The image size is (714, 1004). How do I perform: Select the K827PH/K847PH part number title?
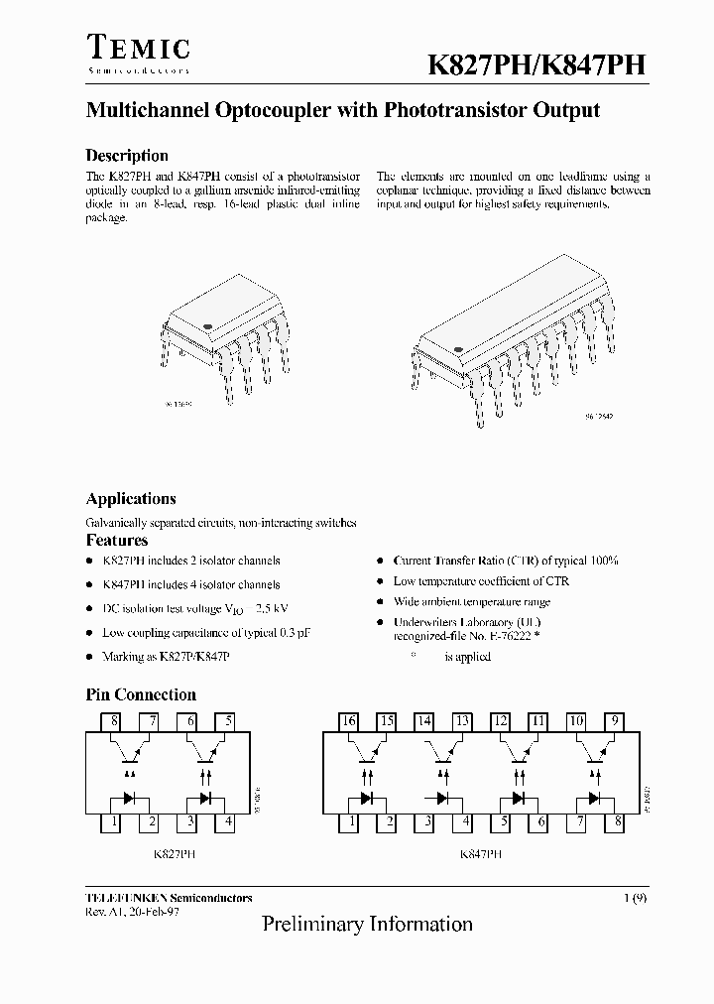pos(536,65)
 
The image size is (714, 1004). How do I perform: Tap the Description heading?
pos(127,156)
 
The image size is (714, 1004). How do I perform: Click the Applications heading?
pos(131,499)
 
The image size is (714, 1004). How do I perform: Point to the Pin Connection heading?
pos(141,694)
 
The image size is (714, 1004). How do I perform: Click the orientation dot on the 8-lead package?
pos(208,324)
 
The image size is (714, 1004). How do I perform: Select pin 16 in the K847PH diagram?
pos(348,722)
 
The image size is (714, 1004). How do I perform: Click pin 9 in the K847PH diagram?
pos(616,722)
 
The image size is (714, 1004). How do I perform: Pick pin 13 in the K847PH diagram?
pos(461,722)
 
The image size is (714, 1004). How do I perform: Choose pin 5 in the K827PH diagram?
pos(229,722)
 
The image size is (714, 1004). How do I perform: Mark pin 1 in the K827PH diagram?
pos(115,821)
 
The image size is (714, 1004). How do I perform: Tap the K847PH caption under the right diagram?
pos(481,852)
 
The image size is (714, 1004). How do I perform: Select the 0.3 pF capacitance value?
pos(291,632)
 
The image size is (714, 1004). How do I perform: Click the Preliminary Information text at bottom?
pos(367,925)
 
